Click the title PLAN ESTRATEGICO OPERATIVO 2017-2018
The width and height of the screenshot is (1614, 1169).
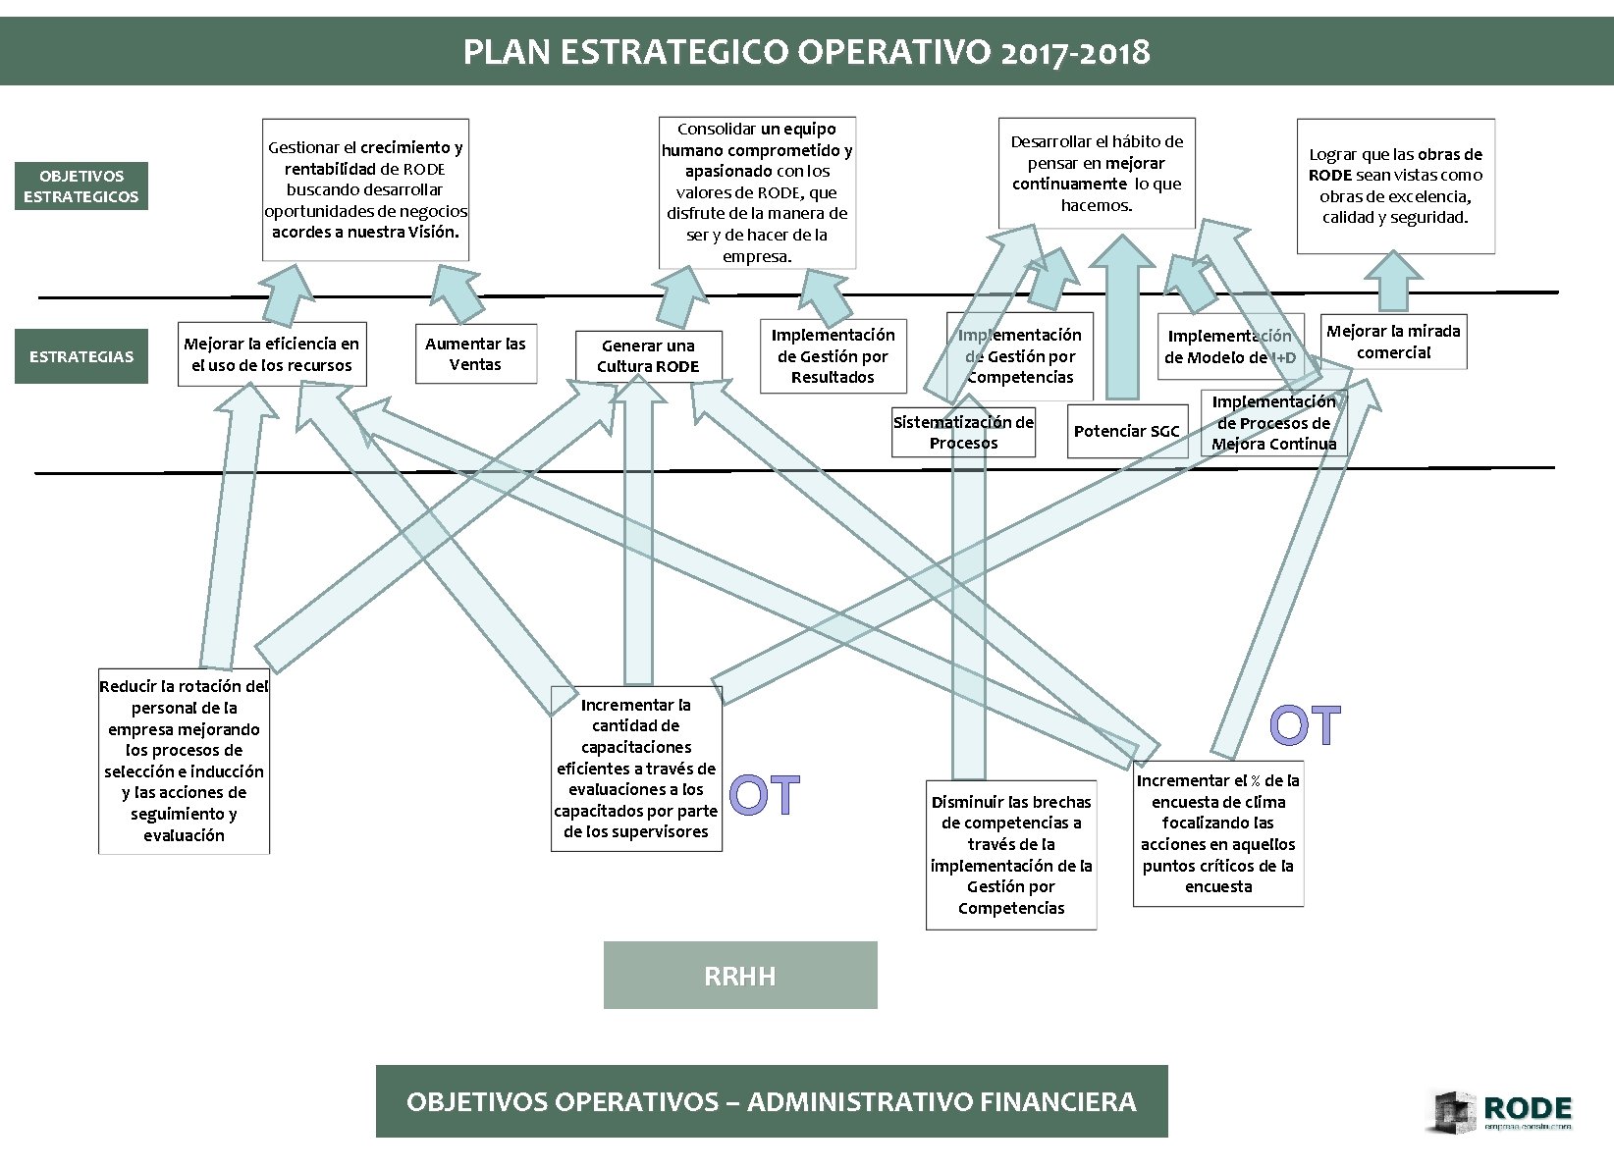click(x=806, y=51)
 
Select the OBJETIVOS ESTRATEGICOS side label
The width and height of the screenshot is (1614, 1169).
click(x=81, y=186)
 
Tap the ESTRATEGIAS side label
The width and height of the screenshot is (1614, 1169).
click(x=81, y=356)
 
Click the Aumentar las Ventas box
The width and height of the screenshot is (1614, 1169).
click(x=475, y=354)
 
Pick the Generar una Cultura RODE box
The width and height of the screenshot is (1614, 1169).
click(x=648, y=356)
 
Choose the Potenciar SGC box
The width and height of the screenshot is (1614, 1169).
click(x=1126, y=432)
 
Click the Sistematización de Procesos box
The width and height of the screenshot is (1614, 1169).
click(x=963, y=433)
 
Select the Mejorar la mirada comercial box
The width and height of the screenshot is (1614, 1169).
click(x=1393, y=342)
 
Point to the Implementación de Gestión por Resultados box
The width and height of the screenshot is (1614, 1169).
click(x=833, y=356)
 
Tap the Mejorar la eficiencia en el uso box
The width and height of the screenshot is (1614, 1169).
click(x=272, y=354)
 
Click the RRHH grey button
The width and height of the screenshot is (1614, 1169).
click(x=740, y=976)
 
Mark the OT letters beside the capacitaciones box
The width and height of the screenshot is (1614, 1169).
click(x=765, y=796)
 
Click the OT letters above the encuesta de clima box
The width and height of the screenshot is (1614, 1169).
click(x=1305, y=726)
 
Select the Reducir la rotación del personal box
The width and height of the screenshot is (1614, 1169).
click(x=184, y=761)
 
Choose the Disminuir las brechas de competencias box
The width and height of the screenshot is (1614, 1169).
click(x=1011, y=855)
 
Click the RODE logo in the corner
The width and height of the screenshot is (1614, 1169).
click(x=1502, y=1113)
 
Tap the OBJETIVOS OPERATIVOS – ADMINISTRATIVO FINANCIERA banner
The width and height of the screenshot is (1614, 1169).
click(x=772, y=1101)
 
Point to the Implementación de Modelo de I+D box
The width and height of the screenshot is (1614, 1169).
click(x=1230, y=346)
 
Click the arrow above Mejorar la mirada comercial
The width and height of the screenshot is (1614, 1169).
click(x=1393, y=282)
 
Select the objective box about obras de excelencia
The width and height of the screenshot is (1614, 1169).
click(x=1395, y=186)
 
